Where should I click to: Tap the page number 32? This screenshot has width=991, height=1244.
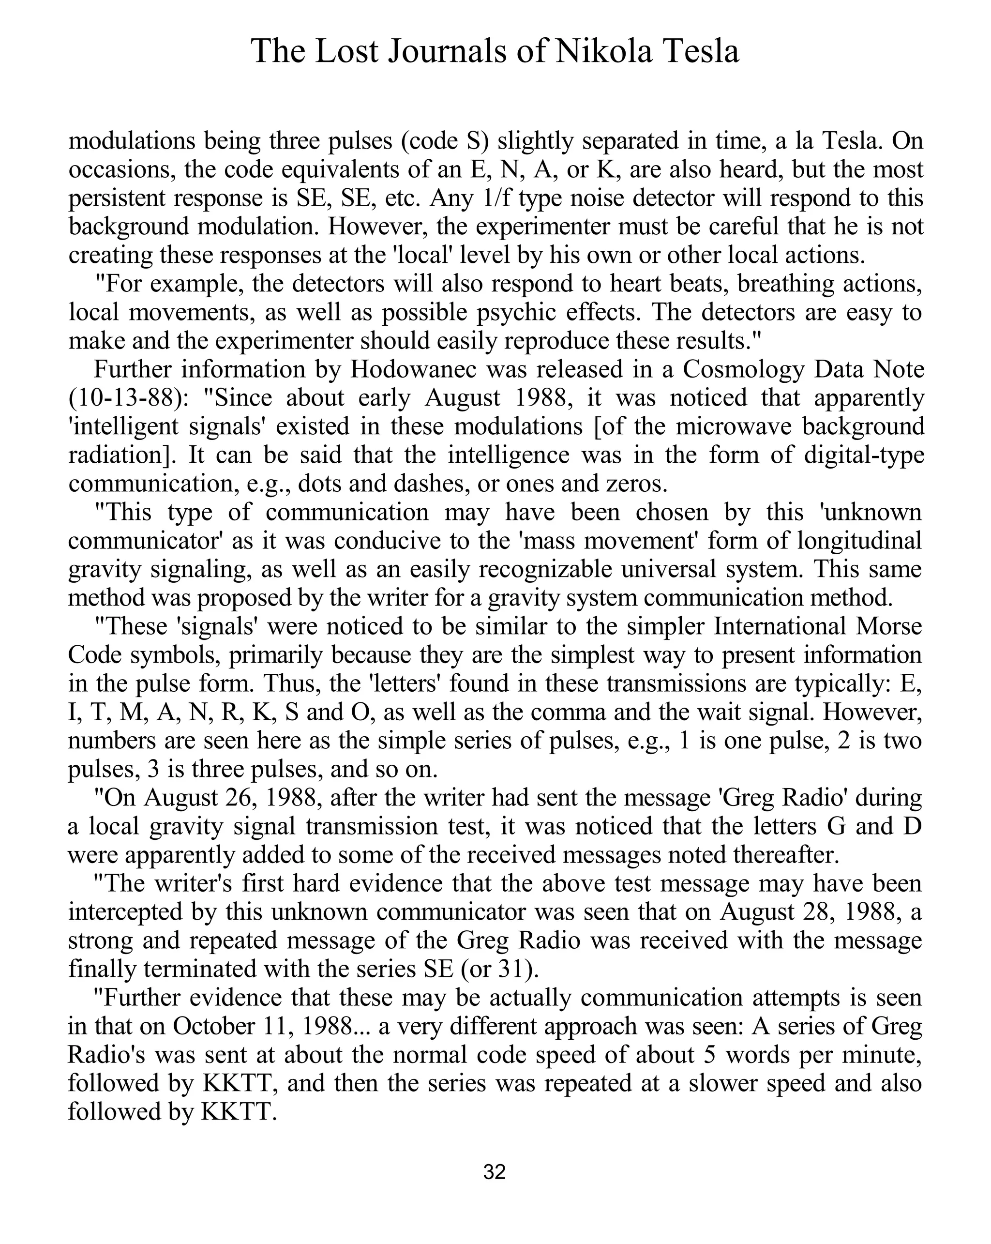[495, 1172]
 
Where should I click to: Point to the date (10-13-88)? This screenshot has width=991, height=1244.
[129, 397]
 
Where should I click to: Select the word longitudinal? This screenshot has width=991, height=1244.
[859, 541]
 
